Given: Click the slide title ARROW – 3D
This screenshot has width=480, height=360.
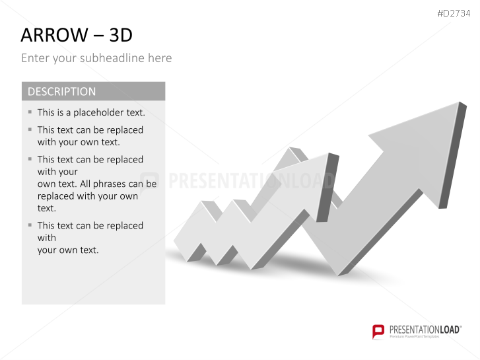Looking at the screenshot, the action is coord(77,35).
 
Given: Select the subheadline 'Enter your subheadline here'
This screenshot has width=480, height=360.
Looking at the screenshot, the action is coord(96,58).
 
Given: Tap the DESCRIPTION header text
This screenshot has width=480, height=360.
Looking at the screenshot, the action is coord(61,92).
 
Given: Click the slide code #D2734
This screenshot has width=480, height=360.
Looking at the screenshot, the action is coord(454,13).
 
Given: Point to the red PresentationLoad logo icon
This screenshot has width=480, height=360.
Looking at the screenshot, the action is coord(378,332).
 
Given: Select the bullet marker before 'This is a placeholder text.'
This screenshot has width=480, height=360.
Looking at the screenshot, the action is coord(30,112).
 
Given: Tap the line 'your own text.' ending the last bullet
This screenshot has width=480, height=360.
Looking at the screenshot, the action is coord(68,250).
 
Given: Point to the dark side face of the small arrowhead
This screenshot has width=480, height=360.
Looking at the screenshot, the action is coord(327,188).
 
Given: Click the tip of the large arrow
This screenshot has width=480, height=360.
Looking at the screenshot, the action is coord(460,102).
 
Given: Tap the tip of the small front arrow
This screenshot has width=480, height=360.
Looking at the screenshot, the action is coord(329,153).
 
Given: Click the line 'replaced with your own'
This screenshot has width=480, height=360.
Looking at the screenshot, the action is coord(88,196).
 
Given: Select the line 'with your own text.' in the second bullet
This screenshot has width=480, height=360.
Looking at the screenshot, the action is coord(79,142).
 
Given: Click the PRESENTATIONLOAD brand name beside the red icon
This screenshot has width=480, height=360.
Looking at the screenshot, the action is coord(425,330).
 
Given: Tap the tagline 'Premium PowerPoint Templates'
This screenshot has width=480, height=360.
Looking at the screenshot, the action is coord(415,337).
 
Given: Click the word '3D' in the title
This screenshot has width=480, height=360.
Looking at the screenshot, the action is coord(121,35).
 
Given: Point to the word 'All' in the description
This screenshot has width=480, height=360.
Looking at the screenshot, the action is coord(85,184).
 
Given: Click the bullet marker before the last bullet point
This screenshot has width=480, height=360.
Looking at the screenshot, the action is coord(30,225).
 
